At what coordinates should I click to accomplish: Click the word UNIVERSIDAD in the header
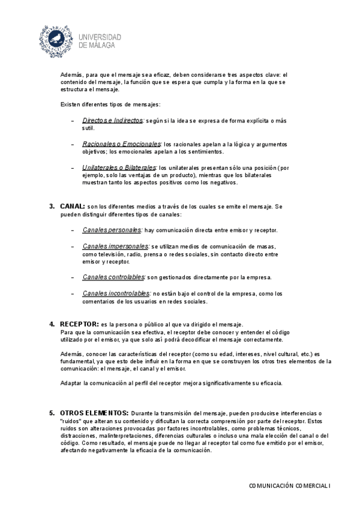(x=100, y=37)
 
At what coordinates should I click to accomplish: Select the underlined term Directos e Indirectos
(x=112, y=120)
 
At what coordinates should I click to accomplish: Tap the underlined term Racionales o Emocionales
(x=122, y=144)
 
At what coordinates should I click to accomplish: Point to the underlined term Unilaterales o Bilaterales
(x=119, y=167)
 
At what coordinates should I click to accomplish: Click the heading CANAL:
(x=72, y=206)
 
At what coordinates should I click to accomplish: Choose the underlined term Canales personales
(x=112, y=230)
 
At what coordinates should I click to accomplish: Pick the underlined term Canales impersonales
(x=115, y=246)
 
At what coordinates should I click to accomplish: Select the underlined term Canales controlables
(x=113, y=277)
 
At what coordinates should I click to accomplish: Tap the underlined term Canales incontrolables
(x=116, y=293)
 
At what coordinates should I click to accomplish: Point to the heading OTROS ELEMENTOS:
(x=94, y=413)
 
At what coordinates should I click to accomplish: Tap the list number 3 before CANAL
(x=52, y=206)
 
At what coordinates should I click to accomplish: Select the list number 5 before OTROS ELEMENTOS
(x=52, y=413)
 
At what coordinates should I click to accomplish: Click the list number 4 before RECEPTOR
(x=52, y=324)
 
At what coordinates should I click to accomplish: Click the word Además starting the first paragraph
(x=71, y=74)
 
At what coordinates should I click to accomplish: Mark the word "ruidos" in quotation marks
(x=73, y=421)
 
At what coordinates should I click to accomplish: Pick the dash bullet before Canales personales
(x=73, y=230)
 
